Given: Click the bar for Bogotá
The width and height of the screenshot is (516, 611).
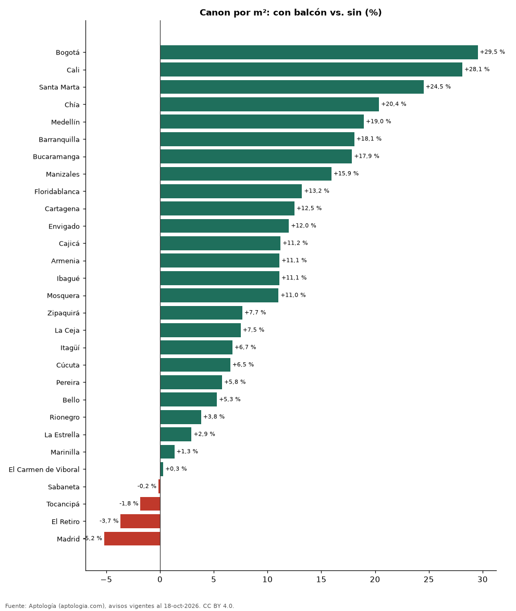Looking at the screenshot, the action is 319,52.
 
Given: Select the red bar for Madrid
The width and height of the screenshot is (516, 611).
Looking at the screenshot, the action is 132,539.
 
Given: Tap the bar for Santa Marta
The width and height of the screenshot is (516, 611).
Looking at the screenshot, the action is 292,87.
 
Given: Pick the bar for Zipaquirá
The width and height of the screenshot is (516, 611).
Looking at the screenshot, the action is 201,312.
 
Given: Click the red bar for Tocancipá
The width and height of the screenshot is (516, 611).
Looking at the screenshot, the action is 150,504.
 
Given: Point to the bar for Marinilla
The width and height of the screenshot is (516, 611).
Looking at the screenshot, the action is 167,452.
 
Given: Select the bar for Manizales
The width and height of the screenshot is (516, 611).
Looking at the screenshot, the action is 246,174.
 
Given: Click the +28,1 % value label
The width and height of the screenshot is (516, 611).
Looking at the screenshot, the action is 477,69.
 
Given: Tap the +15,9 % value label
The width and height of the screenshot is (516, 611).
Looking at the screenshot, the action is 346,173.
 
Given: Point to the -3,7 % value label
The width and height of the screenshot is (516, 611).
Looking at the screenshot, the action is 109,521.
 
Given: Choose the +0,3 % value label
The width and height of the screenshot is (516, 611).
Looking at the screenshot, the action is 176,469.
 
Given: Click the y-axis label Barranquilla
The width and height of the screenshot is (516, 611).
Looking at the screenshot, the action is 59,139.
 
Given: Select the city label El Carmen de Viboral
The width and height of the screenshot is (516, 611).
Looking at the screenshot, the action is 44,469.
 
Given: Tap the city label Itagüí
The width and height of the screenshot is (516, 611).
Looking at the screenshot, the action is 70,348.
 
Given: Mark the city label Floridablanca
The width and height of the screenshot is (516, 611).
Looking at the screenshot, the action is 57,192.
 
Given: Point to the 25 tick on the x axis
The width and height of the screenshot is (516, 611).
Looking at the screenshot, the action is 428,579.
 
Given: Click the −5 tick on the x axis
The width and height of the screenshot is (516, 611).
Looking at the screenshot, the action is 106,579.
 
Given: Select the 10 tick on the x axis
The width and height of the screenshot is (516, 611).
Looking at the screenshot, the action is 267,579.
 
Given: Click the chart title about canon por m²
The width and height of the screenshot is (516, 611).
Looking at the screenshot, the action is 291,12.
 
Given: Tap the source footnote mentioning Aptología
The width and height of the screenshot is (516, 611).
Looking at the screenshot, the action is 119,606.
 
